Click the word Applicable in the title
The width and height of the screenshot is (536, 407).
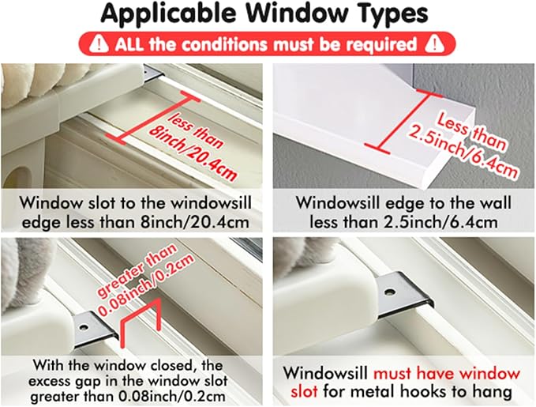tap(168, 13)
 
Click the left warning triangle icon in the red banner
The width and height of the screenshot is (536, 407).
tap(99, 43)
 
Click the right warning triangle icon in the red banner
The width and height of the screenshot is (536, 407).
tap(434, 43)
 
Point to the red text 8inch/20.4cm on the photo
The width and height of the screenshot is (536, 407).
tap(193, 153)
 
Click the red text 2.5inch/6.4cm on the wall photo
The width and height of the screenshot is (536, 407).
tap(463, 151)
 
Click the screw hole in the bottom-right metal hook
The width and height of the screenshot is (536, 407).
tap(389, 292)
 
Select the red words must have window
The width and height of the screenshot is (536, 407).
tap(447, 374)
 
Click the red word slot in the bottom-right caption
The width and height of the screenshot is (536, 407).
tap(304, 390)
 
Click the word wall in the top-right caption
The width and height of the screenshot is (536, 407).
tap(495, 202)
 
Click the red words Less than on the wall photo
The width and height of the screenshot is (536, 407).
tap(472, 132)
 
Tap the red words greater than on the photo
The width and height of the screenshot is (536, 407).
tap(137, 270)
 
